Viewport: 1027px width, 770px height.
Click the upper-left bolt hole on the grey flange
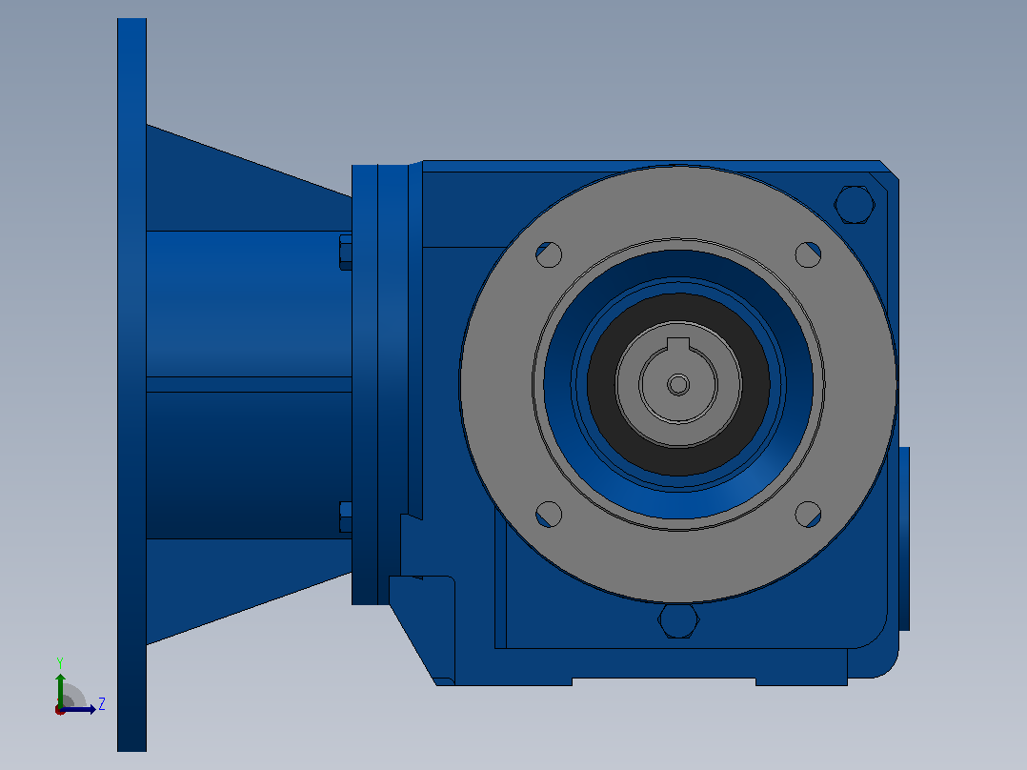click(549, 254)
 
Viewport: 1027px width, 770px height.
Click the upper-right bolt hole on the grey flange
click(808, 254)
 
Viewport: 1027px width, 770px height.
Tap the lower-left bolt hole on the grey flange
click(549, 515)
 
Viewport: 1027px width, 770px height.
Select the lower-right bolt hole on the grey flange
click(808, 515)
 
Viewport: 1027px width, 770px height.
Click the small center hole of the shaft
click(678, 385)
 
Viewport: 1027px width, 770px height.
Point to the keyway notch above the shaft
click(678, 345)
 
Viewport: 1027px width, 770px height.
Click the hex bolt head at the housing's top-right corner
click(855, 205)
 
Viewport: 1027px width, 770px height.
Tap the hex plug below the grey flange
click(678, 620)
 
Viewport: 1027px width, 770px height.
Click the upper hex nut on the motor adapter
click(345, 253)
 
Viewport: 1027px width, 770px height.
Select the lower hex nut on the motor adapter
click(345, 517)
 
